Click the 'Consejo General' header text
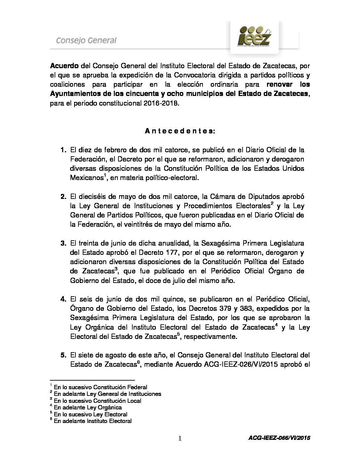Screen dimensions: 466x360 (86, 41)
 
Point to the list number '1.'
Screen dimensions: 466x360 (64, 150)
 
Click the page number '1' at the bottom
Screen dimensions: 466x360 (180, 439)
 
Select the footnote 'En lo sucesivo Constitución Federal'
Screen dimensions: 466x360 (101, 387)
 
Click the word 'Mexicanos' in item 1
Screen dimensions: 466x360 (85, 178)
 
